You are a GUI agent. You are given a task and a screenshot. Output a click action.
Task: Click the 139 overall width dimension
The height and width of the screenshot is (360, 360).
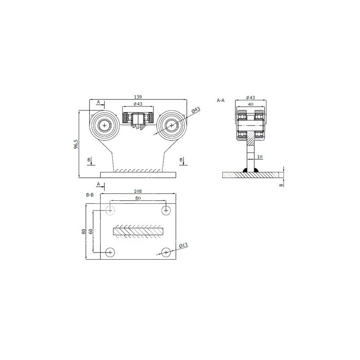pos(138,97)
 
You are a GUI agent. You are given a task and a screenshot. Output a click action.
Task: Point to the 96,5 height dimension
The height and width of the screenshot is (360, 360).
pos(76,144)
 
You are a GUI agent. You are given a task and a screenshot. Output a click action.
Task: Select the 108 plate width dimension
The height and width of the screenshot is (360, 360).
pos(138,191)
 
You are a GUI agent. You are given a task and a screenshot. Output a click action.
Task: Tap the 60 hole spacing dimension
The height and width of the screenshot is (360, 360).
pos(91,231)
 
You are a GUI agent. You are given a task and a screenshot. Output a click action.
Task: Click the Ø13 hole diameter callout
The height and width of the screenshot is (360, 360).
pos(184,246)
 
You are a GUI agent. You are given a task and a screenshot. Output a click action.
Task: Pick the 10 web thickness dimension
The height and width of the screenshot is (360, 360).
pos(260,157)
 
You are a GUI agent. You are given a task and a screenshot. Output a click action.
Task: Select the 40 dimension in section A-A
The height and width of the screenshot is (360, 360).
pos(251,104)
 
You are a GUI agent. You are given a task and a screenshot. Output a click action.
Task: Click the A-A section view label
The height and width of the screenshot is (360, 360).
pos(220,100)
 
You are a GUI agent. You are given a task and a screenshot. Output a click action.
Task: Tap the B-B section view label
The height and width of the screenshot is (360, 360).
pos(90,195)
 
